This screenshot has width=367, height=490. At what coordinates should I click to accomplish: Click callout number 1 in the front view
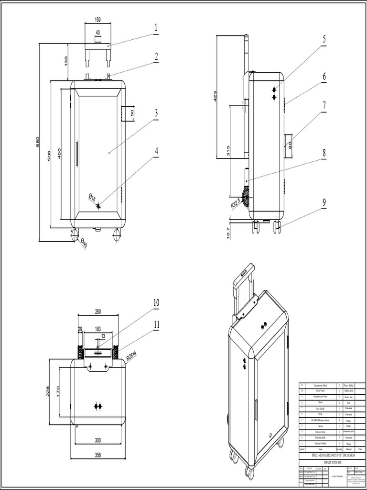coord(156,28)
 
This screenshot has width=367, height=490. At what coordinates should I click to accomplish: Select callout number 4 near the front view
coord(156,151)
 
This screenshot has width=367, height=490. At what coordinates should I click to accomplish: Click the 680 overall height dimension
coord(37,142)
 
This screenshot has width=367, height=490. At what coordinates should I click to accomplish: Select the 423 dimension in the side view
coord(215,96)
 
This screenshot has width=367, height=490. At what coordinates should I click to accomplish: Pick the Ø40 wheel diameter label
coord(84,243)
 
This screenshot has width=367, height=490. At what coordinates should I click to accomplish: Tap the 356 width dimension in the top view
coord(97,455)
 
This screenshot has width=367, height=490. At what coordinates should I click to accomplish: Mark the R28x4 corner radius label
coord(131,355)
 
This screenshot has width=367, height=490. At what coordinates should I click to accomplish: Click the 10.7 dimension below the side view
coord(228,233)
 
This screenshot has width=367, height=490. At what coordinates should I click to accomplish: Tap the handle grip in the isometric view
coord(244,274)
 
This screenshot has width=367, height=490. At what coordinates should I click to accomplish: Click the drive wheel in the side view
coord(246,196)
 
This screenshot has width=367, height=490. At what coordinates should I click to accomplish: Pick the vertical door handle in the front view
coord(76,153)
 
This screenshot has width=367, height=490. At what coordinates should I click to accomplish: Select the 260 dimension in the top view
coord(98,312)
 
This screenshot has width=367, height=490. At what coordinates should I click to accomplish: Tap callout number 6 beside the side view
coord(324,77)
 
